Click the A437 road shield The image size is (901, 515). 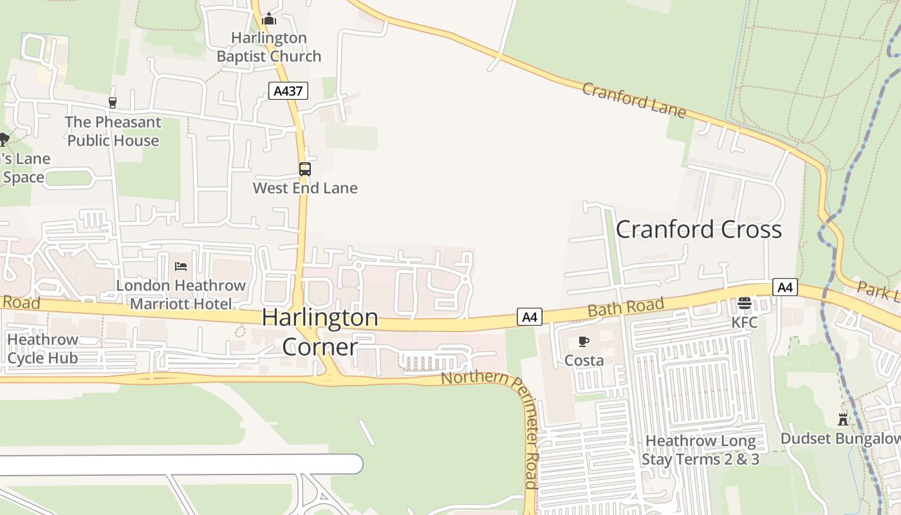click(288, 91)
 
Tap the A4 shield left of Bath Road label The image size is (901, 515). click(529, 317)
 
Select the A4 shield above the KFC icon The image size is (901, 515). click(785, 287)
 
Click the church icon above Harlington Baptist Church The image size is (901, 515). click(269, 19)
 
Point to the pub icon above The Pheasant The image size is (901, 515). click(113, 102)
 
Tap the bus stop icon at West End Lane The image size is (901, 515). click(304, 169)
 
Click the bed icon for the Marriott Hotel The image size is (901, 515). click(181, 266)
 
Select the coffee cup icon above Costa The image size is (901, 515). click(584, 341)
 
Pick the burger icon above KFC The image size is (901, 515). click(745, 303)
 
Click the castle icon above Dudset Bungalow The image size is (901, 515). click(842, 420)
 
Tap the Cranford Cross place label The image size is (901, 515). click(699, 229)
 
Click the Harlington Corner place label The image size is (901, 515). click(320, 332)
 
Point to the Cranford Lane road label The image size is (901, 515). click(634, 100)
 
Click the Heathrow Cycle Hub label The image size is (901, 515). click(42, 348)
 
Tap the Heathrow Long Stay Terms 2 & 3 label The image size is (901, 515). click(700, 450)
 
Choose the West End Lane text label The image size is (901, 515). click(304, 188)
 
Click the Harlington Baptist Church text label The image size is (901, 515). click(268, 47)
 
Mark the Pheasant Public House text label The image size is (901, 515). click(113, 131)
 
